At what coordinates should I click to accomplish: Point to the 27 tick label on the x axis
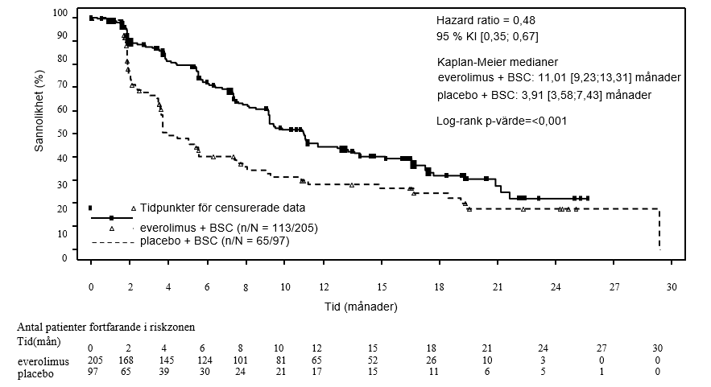[614, 287]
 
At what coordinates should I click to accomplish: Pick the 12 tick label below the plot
[324, 287]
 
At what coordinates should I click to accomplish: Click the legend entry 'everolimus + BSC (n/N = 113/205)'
[229, 228]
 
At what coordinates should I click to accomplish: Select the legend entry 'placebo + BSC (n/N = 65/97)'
[215, 241]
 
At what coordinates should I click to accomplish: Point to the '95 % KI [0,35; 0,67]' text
[487, 37]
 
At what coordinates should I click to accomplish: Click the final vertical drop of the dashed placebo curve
[659, 230]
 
